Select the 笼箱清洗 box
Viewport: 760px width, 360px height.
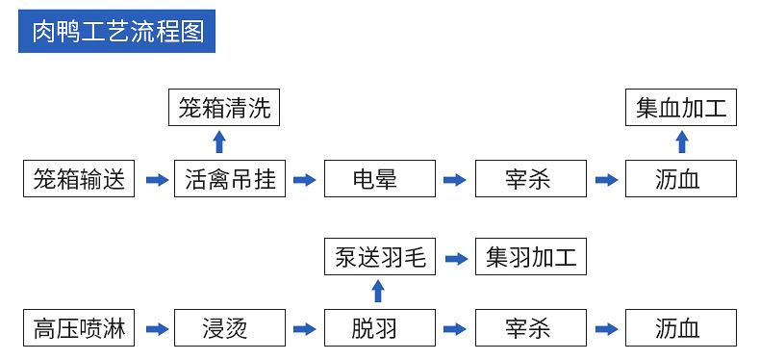[x=226, y=107]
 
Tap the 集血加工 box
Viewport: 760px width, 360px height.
[x=681, y=107]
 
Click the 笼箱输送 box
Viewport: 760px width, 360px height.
[x=79, y=180]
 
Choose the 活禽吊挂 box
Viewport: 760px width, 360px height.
[x=230, y=180]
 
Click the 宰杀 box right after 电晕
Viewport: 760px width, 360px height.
[x=530, y=180]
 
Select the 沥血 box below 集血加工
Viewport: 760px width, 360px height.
[x=681, y=180]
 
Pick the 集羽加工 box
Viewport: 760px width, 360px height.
[x=530, y=256]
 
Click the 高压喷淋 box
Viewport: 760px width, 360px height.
[x=79, y=328]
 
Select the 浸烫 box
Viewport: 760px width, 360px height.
[x=230, y=328]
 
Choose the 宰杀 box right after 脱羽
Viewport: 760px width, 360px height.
[x=530, y=328]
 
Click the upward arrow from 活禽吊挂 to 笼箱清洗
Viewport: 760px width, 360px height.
[x=219, y=142]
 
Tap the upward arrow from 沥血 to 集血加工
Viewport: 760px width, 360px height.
[x=682, y=142]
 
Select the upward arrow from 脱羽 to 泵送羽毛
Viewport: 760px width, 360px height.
[x=378, y=292]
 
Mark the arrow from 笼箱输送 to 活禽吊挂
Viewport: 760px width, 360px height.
[x=155, y=180]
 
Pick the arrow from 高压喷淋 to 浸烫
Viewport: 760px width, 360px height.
[x=155, y=329]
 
